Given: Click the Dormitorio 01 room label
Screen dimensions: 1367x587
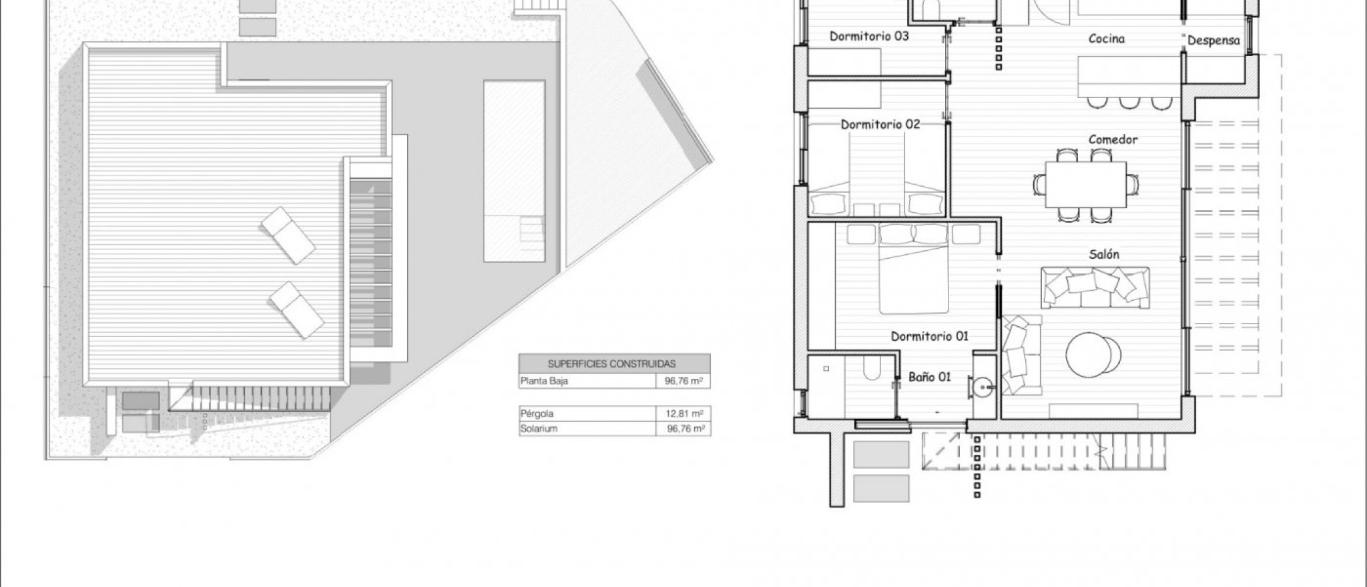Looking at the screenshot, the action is (x=929, y=336).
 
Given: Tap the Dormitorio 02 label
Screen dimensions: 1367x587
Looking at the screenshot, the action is (x=880, y=125).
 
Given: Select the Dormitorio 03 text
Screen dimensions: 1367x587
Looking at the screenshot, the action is (x=869, y=36).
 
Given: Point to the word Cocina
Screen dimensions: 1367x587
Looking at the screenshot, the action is (x=1107, y=39).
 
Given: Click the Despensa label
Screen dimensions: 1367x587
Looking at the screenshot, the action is (x=1213, y=41).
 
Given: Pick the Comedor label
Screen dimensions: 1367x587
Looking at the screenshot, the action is (x=1113, y=139).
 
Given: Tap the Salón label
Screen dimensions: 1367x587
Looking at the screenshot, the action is (x=1104, y=254).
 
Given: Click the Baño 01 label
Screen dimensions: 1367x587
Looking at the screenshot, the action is (x=930, y=377).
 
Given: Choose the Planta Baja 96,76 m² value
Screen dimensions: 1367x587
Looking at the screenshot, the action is (x=683, y=382).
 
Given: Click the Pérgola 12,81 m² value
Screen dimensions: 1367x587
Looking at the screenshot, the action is (x=683, y=414).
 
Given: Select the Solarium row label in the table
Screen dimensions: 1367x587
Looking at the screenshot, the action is (x=539, y=429).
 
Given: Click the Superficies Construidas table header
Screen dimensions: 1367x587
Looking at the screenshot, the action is (x=611, y=364).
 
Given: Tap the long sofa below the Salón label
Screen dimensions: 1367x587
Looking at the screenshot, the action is (x=1096, y=287).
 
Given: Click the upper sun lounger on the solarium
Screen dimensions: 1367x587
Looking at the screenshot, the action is (x=288, y=235).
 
